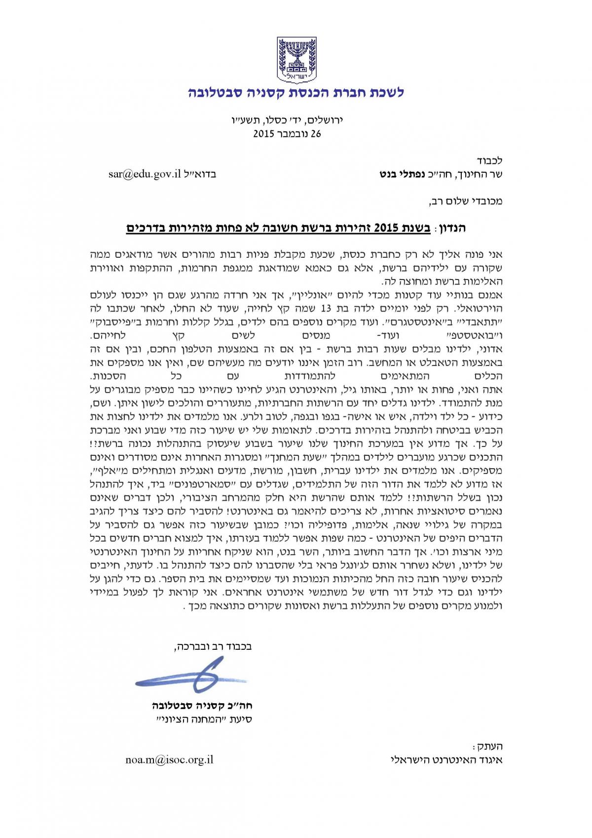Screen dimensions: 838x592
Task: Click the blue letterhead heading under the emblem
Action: point(296,92)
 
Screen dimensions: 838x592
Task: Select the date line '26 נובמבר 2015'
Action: point(287,133)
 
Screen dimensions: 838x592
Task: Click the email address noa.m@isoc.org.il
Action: point(169,760)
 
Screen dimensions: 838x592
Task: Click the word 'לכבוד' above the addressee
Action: point(490,161)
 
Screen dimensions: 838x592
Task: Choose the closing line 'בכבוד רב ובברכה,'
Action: point(213,646)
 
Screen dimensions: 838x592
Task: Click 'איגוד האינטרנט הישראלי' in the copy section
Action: point(446,760)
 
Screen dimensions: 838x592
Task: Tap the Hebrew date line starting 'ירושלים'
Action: point(287,120)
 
